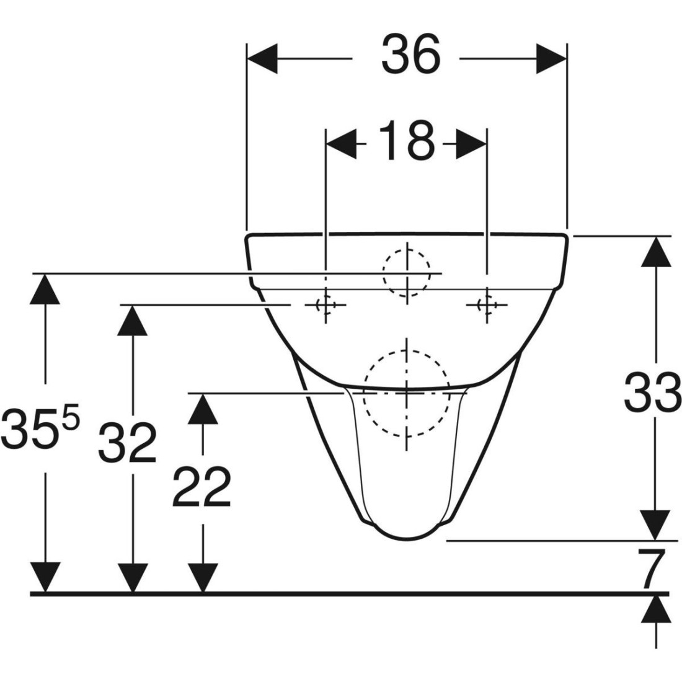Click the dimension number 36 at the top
411,55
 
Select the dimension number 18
407,141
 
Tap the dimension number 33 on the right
652,393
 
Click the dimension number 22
201,487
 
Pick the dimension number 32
127,442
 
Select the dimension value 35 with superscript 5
40,429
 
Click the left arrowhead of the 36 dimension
262,58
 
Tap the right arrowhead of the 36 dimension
551,58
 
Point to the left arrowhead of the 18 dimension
342,144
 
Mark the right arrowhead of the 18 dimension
471,144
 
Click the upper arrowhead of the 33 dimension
656,251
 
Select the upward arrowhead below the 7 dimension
656,609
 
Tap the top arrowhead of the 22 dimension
203,409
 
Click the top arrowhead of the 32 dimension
132,320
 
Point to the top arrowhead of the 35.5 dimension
45,289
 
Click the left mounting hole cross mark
325,305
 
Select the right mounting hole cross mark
487,305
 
